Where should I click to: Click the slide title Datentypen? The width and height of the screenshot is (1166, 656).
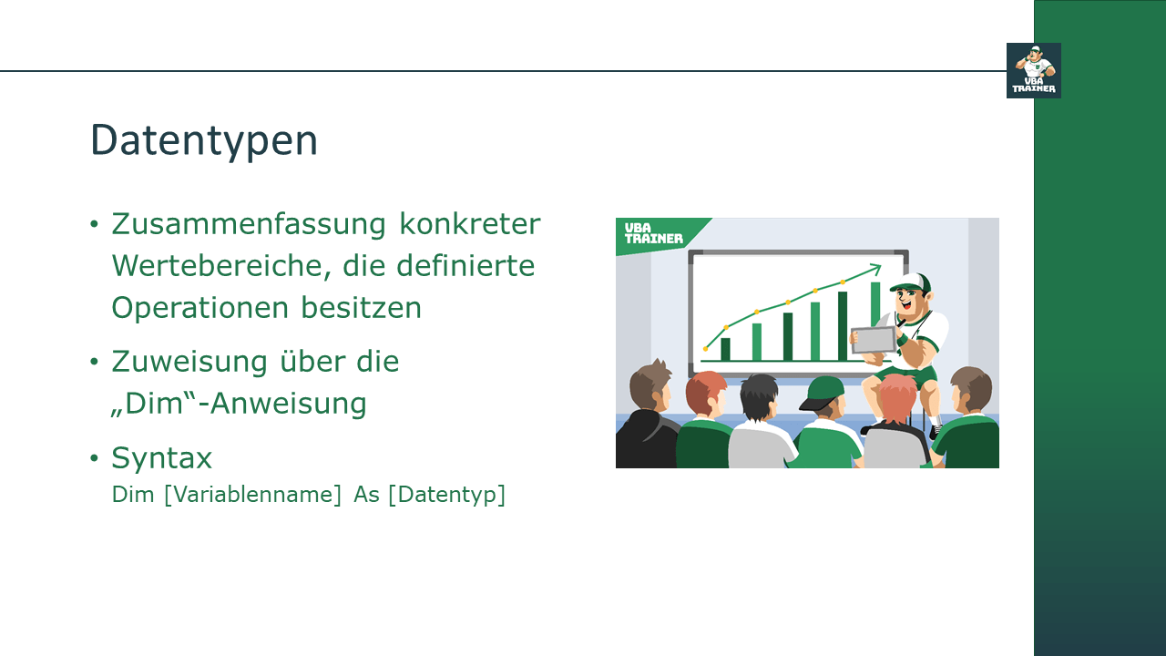tap(204, 141)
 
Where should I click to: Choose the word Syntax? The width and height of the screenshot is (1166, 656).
tap(161, 456)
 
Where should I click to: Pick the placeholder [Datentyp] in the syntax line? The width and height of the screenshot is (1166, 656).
tap(446, 495)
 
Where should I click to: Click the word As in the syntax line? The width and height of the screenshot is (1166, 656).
tap(366, 495)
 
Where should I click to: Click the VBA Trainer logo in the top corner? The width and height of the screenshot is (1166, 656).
tap(1033, 70)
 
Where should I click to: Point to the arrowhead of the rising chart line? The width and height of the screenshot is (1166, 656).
tap(877, 268)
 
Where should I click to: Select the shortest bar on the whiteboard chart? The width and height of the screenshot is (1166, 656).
tap(725, 349)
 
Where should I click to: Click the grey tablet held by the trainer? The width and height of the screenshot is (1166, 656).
tap(873, 340)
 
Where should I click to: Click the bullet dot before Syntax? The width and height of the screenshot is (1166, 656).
tap(94, 457)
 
